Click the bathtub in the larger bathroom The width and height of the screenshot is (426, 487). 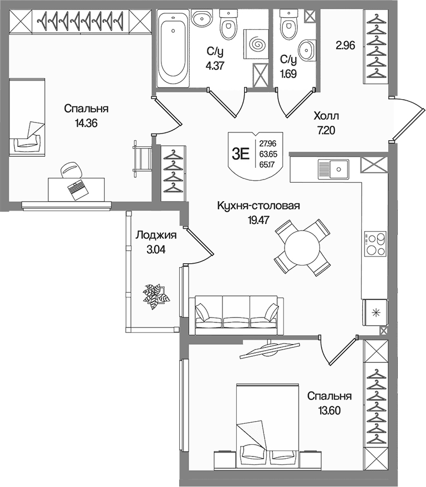tap(173, 48)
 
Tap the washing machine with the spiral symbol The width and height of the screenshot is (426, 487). tap(256, 44)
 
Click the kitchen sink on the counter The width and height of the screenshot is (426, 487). tap(333, 170)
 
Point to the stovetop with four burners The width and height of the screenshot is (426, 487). tap(376, 244)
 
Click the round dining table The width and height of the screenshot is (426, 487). tap(302, 248)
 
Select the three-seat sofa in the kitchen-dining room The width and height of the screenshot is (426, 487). tap(236, 315)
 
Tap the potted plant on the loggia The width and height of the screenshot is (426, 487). tap(156, 296)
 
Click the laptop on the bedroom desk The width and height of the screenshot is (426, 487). tap(77, 189)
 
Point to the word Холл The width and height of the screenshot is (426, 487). tap(326, 116)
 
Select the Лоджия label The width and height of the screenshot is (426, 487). tap(156, 235)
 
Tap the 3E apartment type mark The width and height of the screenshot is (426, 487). tap(241, 153)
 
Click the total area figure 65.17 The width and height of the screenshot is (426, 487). tap(267, 165)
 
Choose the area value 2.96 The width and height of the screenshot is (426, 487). tap(345, 45)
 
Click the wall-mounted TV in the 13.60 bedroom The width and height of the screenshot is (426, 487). tap(270, 349)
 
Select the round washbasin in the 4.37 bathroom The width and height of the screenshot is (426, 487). tap(201, 18)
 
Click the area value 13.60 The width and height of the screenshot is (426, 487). tap(329, 411)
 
